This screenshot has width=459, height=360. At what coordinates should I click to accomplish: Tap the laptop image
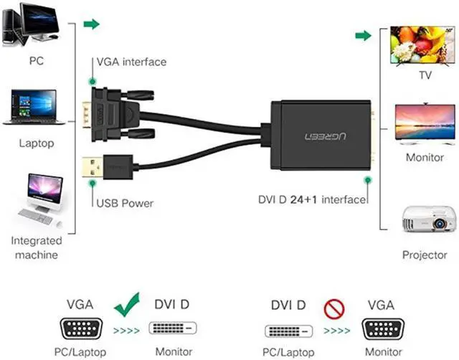(34, 107)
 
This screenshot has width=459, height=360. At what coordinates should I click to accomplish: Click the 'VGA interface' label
(131, 62)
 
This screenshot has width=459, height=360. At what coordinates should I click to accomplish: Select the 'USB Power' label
(125, 203)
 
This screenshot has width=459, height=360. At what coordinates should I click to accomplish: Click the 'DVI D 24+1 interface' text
(311, 199)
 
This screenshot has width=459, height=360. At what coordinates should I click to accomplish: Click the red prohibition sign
(334, 308)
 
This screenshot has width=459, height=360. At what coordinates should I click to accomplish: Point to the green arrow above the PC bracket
(91, 24)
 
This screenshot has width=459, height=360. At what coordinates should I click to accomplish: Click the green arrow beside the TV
(364, 36)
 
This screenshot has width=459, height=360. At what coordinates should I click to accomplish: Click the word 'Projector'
(425, 255)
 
